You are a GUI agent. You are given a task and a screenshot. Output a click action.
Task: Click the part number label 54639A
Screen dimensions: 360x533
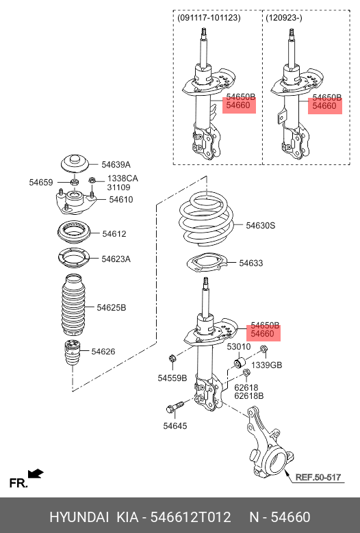116,165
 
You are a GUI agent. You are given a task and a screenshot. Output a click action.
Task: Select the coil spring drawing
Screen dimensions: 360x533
207,218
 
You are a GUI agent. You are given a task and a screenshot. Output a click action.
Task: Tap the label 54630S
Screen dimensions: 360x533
260,225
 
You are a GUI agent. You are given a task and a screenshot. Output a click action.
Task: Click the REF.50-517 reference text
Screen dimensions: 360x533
318,478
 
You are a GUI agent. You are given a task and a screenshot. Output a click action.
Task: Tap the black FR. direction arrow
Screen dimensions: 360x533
36,473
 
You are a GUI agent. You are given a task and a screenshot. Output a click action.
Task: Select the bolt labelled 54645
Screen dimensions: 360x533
175,406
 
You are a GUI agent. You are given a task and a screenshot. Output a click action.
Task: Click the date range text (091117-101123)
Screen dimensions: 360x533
209,18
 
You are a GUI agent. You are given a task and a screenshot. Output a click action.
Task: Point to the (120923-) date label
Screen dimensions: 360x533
284,18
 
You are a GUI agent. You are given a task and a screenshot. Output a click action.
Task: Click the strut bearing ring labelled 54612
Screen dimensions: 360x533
74,233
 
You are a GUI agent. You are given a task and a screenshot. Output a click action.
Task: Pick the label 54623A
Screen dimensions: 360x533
116,259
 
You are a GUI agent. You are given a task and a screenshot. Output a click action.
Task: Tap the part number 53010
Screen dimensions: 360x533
239,347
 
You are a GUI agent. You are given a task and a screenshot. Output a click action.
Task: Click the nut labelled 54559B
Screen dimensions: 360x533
172,359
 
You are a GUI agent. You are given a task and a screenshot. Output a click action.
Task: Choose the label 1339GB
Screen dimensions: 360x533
266,365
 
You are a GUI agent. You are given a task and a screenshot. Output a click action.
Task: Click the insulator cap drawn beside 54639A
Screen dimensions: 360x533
75,164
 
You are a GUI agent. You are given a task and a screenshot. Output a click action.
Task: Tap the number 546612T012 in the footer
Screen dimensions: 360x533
190,517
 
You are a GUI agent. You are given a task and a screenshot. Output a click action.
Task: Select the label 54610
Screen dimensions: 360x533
121,200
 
